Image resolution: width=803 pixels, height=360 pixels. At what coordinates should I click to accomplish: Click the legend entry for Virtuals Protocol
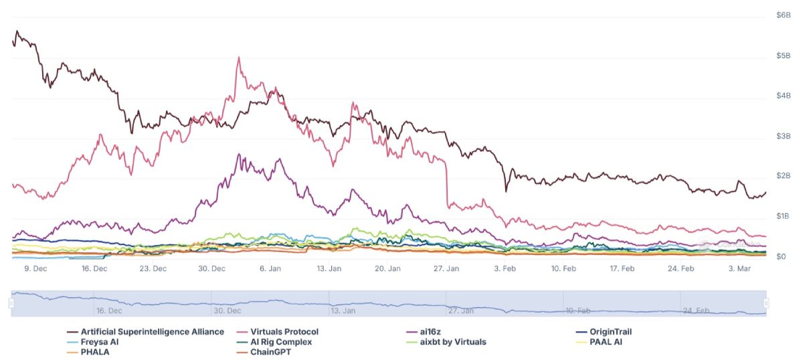[x=284, y=332]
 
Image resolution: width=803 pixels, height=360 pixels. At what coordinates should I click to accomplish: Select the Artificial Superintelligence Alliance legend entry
[x=152, y=332]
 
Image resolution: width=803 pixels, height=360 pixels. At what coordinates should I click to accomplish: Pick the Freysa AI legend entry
[x=100, y=342]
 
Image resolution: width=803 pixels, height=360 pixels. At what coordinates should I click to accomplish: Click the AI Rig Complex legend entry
[x=280, y=342]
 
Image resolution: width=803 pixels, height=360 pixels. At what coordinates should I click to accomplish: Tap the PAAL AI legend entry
[x=605, y=342]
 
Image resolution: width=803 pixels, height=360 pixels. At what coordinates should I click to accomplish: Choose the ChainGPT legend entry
[x=274, y=352]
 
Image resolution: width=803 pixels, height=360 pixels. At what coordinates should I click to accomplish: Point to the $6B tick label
[x=783, y=15]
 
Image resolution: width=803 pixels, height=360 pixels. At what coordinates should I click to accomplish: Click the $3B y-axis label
[x=783, y=137]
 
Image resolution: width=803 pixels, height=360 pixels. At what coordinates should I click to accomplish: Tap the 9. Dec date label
[x=35, y=269]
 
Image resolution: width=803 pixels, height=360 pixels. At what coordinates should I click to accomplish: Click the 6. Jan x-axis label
[x=270, y=269]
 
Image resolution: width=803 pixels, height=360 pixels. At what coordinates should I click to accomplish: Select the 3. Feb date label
[x=505, y=269]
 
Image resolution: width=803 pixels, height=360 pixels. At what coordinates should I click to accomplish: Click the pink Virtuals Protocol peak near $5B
[x=239, y=58]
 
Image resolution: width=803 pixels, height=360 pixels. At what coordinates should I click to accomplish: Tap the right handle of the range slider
[x=766, y=304]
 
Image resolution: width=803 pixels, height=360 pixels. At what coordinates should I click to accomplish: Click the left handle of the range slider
[x=11, y=304]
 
